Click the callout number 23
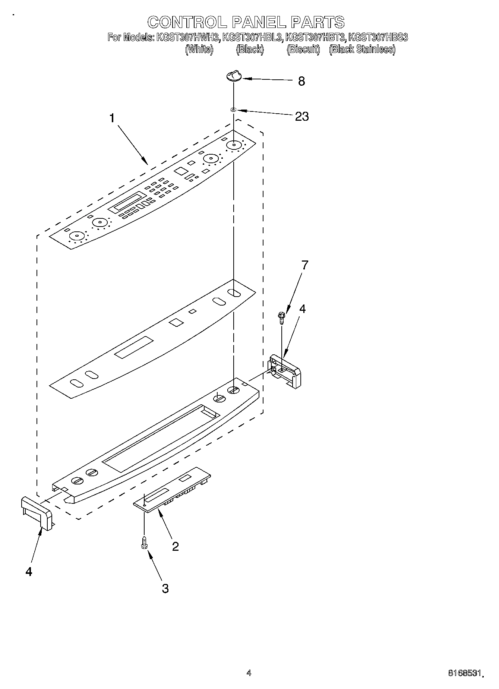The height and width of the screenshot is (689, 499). [301, 117]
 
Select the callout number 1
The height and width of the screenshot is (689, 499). [112, 118]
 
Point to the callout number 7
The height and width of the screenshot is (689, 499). [305, 265]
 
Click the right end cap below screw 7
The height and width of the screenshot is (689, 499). [285, 371]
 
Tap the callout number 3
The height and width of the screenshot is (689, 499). [165, 588]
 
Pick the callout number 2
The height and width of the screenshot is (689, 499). [175, 546]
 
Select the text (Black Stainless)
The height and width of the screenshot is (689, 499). [362, 49]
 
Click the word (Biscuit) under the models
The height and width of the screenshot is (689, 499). [303, 49]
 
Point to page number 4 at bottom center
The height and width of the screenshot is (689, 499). [249, 673]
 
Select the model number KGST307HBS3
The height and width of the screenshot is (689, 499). [378, 38]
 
